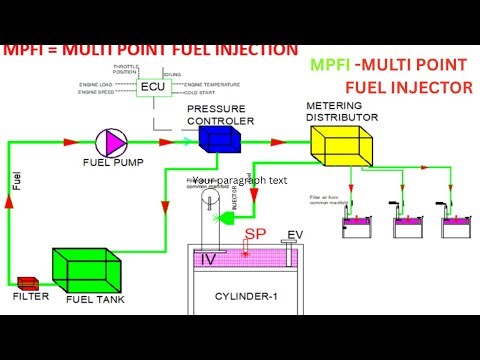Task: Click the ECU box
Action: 152,87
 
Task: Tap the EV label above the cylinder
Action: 295,236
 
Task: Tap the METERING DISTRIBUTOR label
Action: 341,110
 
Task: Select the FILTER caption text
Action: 30,297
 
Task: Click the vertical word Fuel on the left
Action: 15,181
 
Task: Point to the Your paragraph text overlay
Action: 239,182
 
